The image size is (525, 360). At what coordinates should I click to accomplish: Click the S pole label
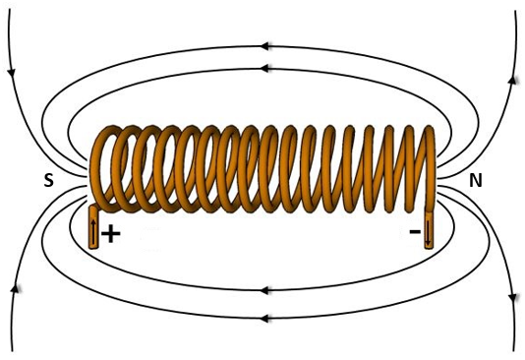click(x=47, y=180)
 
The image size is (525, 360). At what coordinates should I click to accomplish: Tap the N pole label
click(x=476, y=180)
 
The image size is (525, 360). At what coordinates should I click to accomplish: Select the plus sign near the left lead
click(x=110, y=234)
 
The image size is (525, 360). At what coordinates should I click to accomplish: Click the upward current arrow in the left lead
click(x=93, y=233)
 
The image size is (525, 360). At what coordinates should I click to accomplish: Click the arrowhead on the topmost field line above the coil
click(x=265, y=45)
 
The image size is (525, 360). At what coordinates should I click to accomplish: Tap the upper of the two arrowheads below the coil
click(x=265, y=290)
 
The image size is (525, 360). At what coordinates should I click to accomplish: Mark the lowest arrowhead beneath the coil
click(x=265, y=318)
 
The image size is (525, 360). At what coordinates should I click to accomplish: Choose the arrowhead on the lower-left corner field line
click(x=14, y=288)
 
